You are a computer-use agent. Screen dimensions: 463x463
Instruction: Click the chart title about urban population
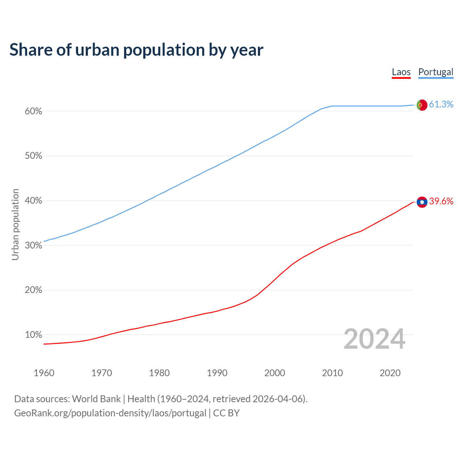pos(136,50)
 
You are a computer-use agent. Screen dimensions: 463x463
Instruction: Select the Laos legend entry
pos(401,72)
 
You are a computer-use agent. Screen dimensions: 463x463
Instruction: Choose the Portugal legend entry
pos(436,72)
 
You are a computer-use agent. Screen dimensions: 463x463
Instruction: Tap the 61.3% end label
pos(441,105)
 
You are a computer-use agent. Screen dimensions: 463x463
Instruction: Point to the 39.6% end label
pos(441,201)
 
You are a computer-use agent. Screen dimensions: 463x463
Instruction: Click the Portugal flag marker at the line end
pos(422,105)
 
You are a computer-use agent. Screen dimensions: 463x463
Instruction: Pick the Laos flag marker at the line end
pos(422,202)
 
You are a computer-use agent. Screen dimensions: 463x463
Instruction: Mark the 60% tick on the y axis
pos(34,111)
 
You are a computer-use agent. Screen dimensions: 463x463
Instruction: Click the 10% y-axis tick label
pos(34,335)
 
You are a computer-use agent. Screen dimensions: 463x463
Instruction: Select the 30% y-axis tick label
pos(34,246)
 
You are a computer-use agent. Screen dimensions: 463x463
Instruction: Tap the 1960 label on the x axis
pos(44,373)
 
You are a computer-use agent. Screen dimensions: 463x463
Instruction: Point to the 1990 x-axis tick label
pos(217,373)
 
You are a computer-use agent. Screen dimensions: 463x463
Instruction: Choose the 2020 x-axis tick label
pos(390,373)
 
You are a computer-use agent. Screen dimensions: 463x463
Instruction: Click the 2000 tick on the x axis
pos(275,373)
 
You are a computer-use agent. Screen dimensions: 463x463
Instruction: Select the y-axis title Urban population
pos(15,224)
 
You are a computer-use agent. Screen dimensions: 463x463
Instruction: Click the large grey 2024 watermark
pos(374,339)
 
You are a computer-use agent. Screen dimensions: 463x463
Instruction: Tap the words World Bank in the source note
pos(96,399)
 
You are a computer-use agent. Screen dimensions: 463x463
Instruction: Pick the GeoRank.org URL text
pos(110,413)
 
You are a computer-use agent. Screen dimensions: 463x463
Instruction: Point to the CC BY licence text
pos(226,413)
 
